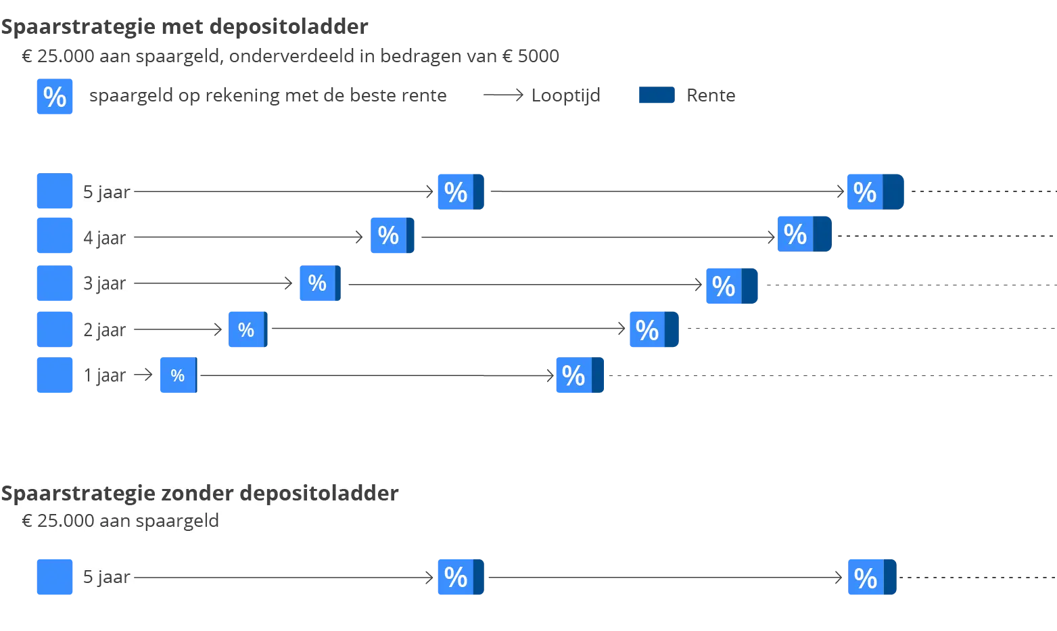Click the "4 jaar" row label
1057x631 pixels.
tap(104, 238)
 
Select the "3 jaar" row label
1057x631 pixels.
tap(104, 283)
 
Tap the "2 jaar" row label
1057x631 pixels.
tap(104, 330)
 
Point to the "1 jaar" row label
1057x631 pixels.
tap(104, 375)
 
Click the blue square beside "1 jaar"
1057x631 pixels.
tap(54, 375)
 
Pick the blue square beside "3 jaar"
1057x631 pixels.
tap(54, 283)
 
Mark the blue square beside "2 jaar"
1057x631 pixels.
tap(54, 329)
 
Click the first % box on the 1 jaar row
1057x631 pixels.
tap(178, 375)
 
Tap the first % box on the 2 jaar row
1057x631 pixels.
tap(248, 329)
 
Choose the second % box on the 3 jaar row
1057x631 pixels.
tap(731, 286)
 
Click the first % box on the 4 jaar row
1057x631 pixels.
tap(392, 235)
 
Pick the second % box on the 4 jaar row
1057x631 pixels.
tap(802, 234)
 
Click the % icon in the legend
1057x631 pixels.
tap(54, 97)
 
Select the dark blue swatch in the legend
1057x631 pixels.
tap(657, 97)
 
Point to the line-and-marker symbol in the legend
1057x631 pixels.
tap(502, 95)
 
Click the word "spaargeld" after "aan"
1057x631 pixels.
tap(177, 521)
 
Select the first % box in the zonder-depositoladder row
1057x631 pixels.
tap(459, 576)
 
